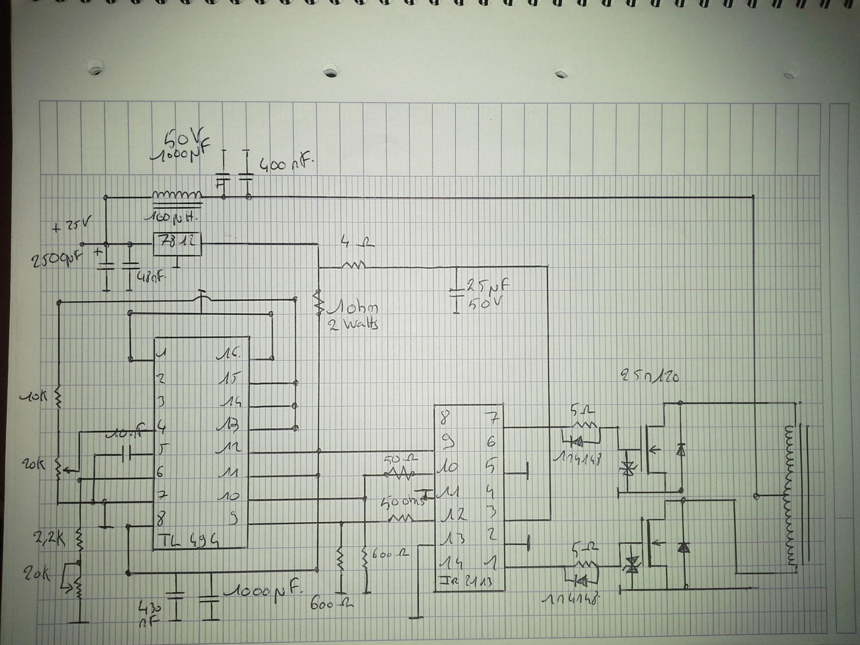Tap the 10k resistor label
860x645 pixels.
click(34, 396)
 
